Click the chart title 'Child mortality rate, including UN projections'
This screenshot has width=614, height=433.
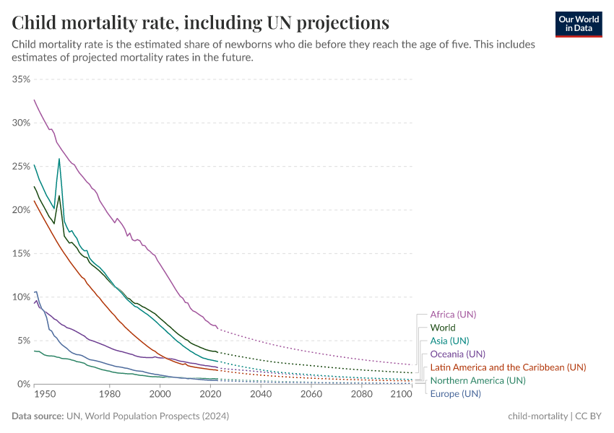click(x=200, y=22)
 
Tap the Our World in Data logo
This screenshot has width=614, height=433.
click(x=578, y=24)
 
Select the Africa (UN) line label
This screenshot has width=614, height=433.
click(x=453, y=315)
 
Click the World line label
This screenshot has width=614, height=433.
click(x=442, y=328)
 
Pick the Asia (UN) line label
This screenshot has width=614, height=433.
click(x=449, y=341)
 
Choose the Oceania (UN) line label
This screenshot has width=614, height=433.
click(x=457, y=354)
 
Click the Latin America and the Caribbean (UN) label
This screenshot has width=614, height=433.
click(x=508, y=367)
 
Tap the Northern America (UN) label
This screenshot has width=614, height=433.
click(x=477, y=380)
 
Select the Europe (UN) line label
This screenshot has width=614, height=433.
click(x=455, y=393)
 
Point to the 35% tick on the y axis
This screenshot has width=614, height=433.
click(x=20, y=79)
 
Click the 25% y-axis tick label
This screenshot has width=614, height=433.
click(x=20, y=167)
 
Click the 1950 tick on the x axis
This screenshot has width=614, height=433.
click(x=44, y=395)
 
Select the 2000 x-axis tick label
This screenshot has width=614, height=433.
click(x=160, y=395)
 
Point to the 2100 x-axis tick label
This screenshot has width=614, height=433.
click(x=400, y=395)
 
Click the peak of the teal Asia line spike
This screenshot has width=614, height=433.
click(x=59, y=159)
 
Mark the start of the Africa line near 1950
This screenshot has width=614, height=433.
click(x=34, y=100)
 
